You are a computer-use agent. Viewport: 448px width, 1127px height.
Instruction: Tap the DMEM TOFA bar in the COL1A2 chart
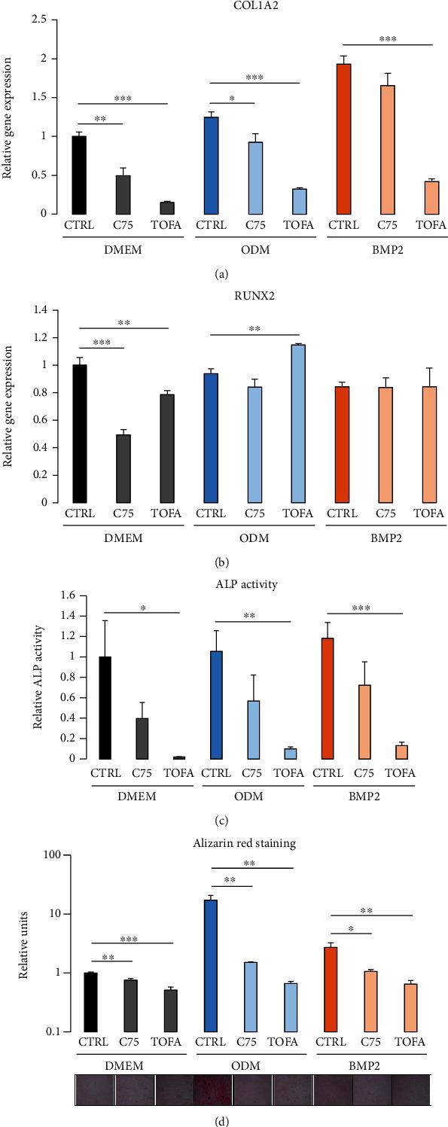166,208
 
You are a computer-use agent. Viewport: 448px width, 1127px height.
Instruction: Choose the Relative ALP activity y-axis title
37,670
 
